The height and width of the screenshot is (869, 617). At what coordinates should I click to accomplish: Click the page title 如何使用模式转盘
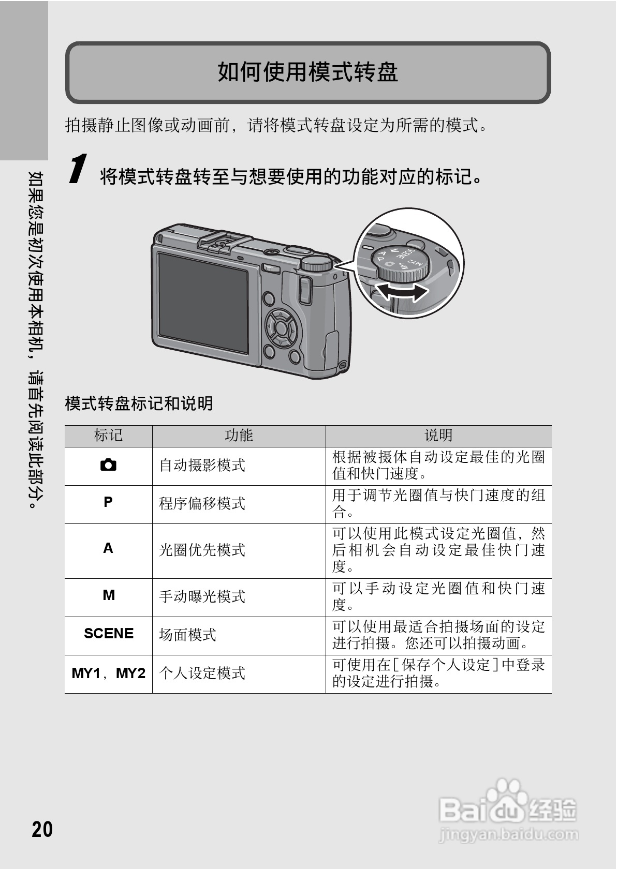307,72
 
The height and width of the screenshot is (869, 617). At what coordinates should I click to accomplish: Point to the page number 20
42,829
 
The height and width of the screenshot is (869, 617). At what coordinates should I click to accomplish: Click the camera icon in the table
108,465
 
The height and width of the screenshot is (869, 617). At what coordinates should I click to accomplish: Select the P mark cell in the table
108,502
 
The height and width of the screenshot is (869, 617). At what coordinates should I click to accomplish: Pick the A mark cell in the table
108,548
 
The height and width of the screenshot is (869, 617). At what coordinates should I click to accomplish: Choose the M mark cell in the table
108,595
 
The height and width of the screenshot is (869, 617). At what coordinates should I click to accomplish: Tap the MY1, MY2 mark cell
108,673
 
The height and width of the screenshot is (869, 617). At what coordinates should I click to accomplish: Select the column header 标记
108,436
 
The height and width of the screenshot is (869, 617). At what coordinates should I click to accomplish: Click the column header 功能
239,436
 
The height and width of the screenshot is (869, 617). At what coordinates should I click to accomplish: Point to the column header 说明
438,436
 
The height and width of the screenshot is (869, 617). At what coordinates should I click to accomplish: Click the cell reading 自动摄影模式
202,466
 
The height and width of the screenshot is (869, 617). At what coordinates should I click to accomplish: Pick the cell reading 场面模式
188,635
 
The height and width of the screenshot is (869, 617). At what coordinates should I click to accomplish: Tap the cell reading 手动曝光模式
202,596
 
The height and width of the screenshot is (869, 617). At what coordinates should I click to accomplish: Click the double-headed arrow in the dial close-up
402,292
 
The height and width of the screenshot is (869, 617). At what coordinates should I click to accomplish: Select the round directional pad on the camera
280,327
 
